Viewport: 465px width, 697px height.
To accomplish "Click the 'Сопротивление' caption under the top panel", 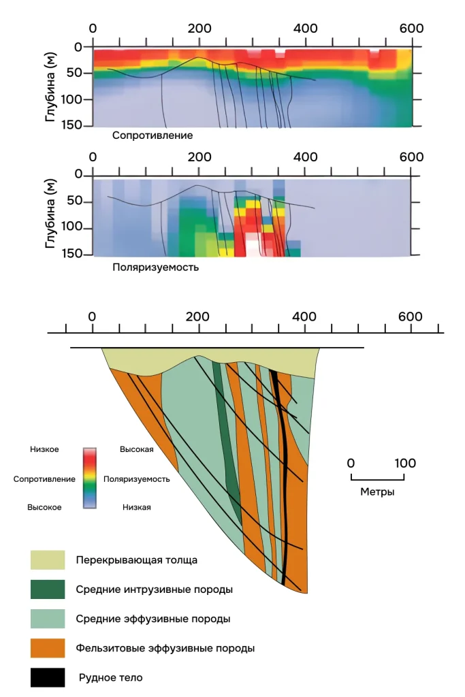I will (x=153, y=135).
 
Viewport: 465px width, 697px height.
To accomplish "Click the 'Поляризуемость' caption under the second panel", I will (x=155, y=268).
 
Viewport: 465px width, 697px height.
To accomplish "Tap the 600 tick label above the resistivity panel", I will (x=411, y=28).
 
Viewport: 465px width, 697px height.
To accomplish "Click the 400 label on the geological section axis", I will (x=304, y=317).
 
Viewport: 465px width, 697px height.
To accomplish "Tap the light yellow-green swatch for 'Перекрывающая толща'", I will (x=48, y=560).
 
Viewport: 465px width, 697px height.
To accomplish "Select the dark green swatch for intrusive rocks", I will (x=48, y=589).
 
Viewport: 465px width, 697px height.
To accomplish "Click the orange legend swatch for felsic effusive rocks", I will (x=48, y=648).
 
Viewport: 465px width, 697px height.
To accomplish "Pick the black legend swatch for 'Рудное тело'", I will (x=48, y=677).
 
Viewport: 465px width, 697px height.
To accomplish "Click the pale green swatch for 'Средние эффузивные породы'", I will (x=48, y=619).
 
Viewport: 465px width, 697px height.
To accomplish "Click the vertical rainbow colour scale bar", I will (x=90, y=479).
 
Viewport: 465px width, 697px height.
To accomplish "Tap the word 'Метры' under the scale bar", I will (x=377, y=491).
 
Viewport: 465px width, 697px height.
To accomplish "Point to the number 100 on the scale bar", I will (x=404, y=464).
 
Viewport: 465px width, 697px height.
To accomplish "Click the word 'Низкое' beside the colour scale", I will (x=44, y=450).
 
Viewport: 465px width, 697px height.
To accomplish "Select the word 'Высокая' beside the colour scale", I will (x=136, y=450).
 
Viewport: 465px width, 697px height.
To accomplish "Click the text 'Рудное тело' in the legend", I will (x=111, y=678).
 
